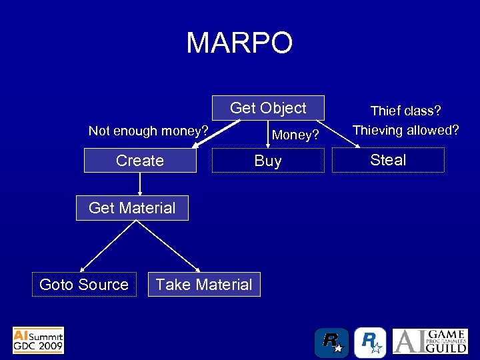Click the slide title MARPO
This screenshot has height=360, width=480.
[x=239, y=43]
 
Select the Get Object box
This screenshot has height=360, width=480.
[x=268, y=108]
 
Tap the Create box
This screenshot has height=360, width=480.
[x=140, y=161]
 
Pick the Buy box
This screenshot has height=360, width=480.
[x=268, y=161]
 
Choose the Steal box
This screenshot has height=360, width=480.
[x=388, y=160]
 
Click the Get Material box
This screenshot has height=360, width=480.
[x=132, y=208]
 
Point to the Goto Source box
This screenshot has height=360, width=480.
[x=84, y=285]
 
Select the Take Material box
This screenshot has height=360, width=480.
[x=204, y=285]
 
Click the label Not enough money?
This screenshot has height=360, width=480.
[x=149, y=131]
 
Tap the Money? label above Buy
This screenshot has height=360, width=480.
[x=295, y=135]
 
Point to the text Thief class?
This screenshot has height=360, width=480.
[x=406, y=111]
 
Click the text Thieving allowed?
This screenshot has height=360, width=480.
[x=405, y=131]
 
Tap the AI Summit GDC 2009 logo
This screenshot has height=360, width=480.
[x=38, y=340]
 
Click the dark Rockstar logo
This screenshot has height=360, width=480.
[x=331, y=343]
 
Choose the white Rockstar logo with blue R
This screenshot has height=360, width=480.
[x=370, y=343]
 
